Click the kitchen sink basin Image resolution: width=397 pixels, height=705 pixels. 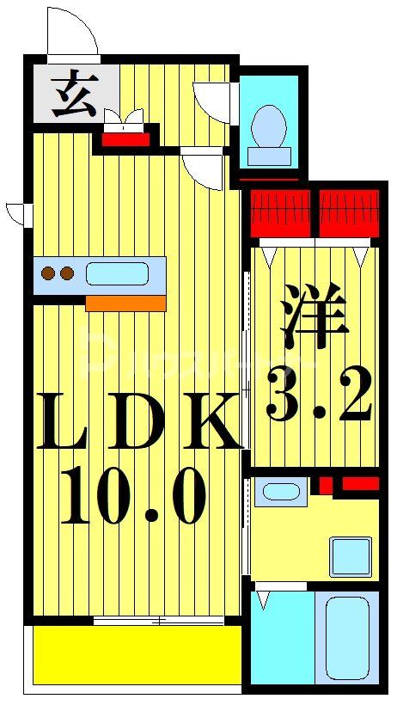pos(116,274)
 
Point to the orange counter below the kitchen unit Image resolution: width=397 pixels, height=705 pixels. pos(125,303)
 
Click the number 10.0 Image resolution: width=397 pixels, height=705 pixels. pos(133,496)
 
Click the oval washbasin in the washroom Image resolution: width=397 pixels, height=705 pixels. pos(281,492)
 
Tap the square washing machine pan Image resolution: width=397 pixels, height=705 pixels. pos(351,556)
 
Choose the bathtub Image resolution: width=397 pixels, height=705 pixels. pos(347,636)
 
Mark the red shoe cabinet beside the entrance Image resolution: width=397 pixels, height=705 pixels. pos(126,138)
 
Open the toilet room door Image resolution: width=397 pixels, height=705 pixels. pos(213,102)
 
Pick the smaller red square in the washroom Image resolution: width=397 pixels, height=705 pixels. pos(325,485)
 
